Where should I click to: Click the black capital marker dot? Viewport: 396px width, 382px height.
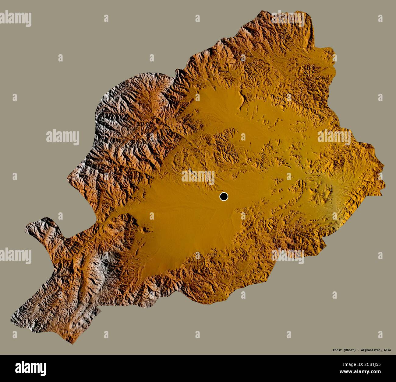224,197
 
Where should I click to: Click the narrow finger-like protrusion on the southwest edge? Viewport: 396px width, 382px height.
46,225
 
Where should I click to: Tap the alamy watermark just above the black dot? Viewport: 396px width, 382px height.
198,176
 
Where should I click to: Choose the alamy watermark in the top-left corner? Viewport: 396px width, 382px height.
16,17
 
